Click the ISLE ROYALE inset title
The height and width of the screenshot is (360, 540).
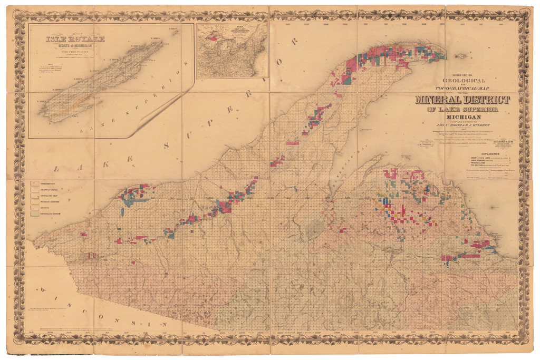[75, 39]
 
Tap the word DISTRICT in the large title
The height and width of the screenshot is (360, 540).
[485, 100]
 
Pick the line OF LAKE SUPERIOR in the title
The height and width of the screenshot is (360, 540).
[462, 110]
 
